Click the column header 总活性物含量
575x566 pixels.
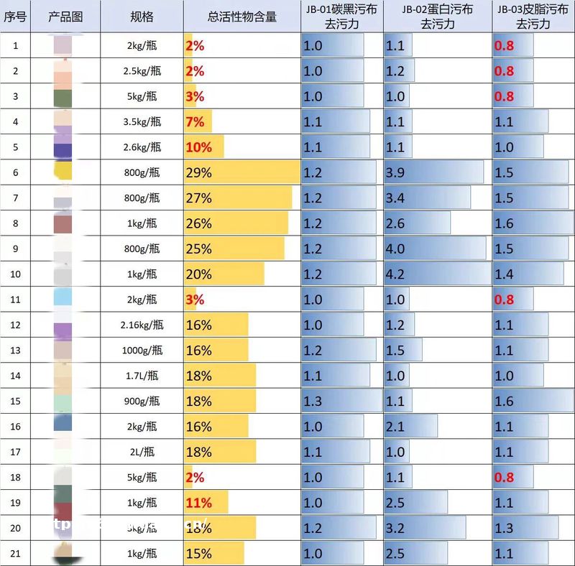click(241, 17)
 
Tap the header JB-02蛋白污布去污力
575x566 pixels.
click(437, 17)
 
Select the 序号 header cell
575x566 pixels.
click(15, 17)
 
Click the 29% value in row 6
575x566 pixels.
click(198, 172)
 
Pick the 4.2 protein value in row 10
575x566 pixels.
click(395, 274)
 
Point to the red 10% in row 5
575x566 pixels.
click(198, 147)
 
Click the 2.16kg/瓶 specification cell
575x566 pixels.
click(142, 325)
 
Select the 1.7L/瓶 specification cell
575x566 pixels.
click(142, 376)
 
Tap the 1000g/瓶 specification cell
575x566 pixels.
click(142, 351)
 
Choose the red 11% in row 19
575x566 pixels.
click(198, 503)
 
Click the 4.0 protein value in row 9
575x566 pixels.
click(395, 249)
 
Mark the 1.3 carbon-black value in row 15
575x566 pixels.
click(313, 402)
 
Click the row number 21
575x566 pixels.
click(15, 554)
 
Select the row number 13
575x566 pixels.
click(15, 351)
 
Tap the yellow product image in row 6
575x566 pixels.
click(63, 171)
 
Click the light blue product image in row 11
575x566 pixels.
click(63, 299)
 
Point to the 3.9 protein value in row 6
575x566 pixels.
click(395, 172)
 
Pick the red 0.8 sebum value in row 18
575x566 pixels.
click(504, 478)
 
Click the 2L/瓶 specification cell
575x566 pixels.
click(142, 452)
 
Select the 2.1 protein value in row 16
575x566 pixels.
click(395, 427)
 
